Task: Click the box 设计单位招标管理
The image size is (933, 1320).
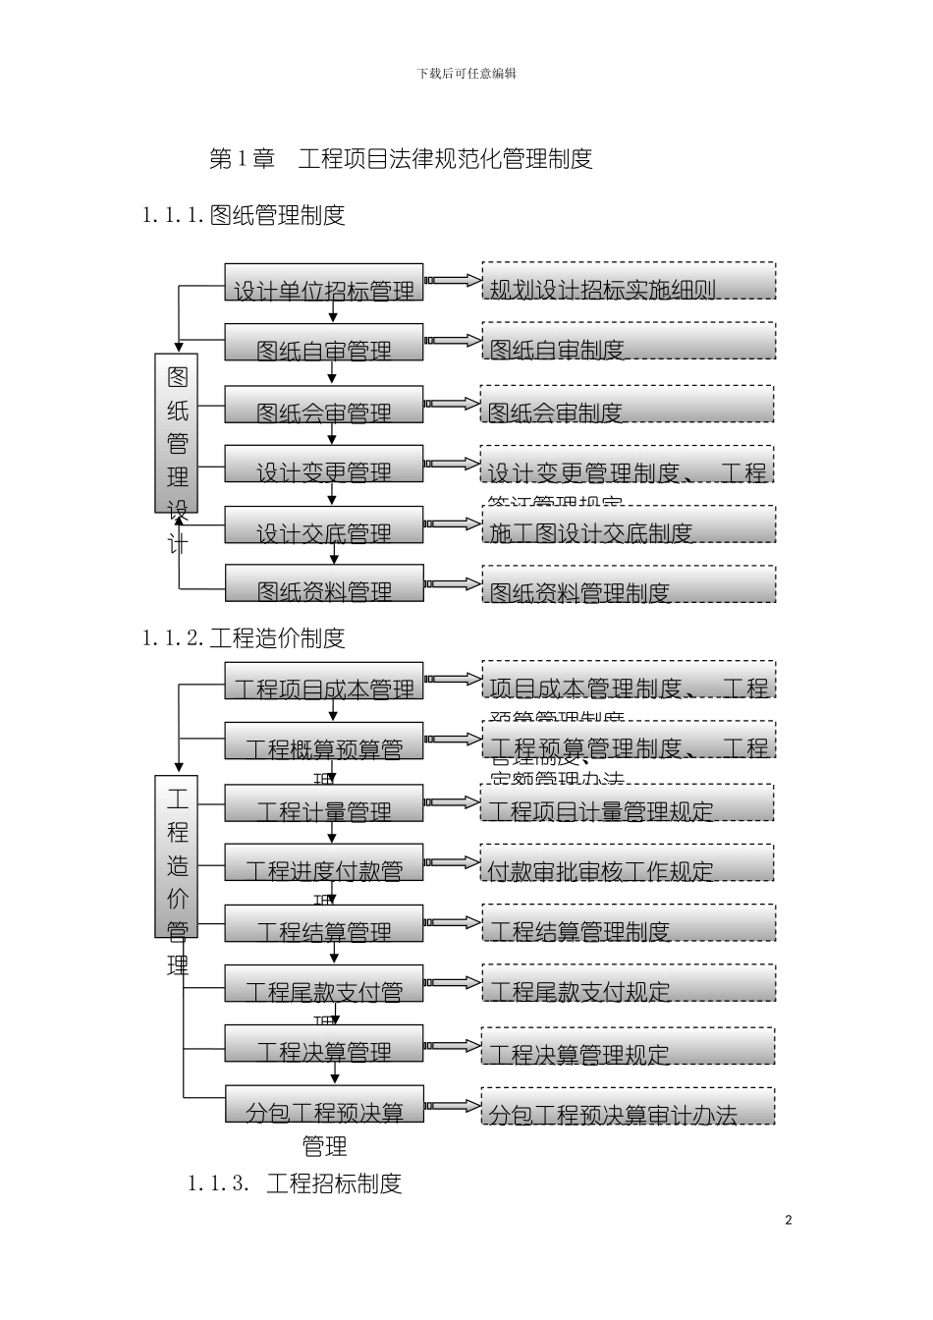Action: pyautogui.click(x=324, y=282)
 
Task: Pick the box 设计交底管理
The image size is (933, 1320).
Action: pyautogui.click(x=324, y=524)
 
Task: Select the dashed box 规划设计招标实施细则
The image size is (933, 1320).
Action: pyautogui.click(x=629, y=281)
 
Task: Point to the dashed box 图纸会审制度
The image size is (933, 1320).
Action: pyautogui.click(x=628, y=404)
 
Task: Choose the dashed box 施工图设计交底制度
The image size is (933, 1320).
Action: pyautogui.click(x=629, y=524)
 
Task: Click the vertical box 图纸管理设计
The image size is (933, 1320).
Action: pyautogui.click(x=177, y=433)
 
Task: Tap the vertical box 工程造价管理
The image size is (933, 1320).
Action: pyautogui.click(x=177, y=855)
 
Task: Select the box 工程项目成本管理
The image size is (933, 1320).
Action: pyautogui.click(x=324, y=681)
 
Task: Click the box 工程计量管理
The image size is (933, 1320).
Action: pyautogui.click(x=324, y=802)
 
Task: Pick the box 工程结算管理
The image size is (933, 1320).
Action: pyautogui.click(x=324, y=923)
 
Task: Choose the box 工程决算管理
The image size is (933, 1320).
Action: pyautogui.click(x=324, y=1043)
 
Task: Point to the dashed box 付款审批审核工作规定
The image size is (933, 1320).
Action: pyautogui.click(x=628, y=862)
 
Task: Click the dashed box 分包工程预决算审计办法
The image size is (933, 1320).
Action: pyautogui.click(x=629, y=1106)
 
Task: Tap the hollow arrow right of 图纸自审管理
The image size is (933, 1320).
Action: pyautogui.click(x=453, y=341)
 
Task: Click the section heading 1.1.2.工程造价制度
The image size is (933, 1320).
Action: pyautogui.click(x=244, y=638)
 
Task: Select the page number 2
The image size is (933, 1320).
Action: pyautogui.click(x=789, y=1221)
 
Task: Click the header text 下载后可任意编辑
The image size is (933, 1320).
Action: pyautogui.click(x=466, y=74)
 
